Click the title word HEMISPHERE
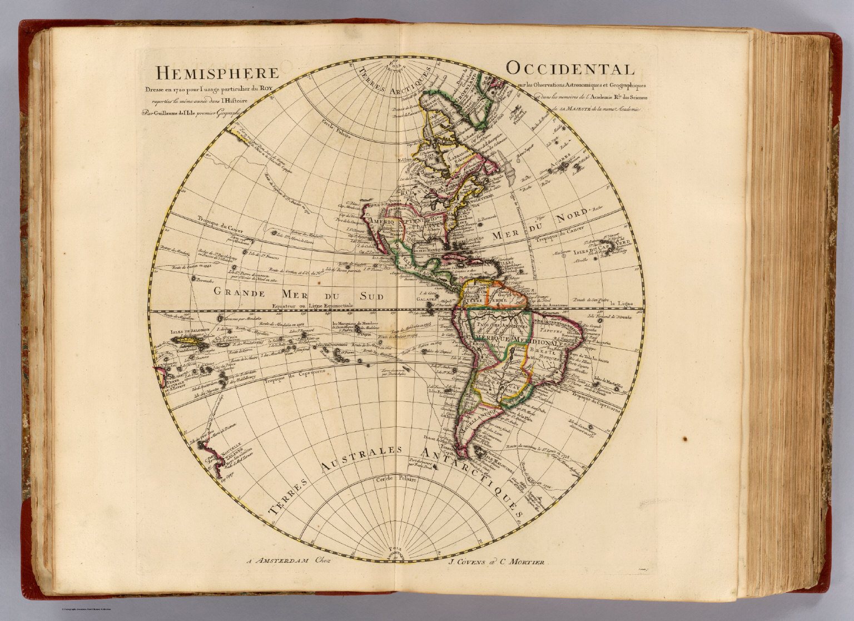pyautogui.click(x=217, y=73)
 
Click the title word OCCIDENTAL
pyautogui.click(x=570, y=69)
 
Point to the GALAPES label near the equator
pyautogui.click(x=425, y=299)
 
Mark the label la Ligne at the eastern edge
pyautogui.click(x=621, y=304)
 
